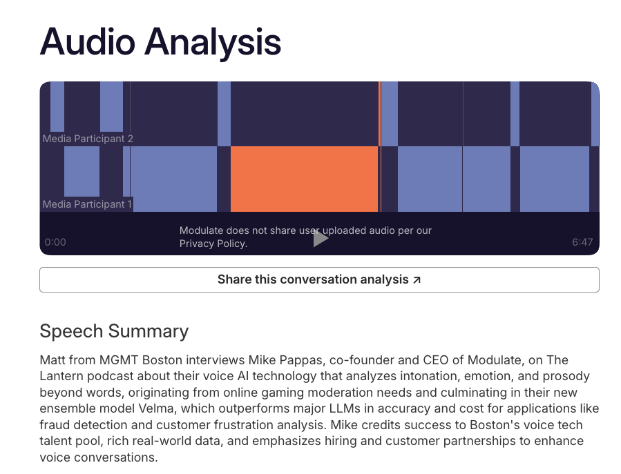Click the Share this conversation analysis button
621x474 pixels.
tap(319, 279)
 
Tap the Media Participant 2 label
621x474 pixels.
tap(88, 139)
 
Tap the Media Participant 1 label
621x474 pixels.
tap(87, 204)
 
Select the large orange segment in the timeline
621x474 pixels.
tap(304, 179)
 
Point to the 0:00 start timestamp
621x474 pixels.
tap(55, 242)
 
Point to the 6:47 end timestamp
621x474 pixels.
tap(582, 242)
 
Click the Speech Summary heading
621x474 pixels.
tap(114, 331)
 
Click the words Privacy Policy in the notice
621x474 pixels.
tap(213, 244)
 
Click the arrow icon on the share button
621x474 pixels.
tap(417, 279)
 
